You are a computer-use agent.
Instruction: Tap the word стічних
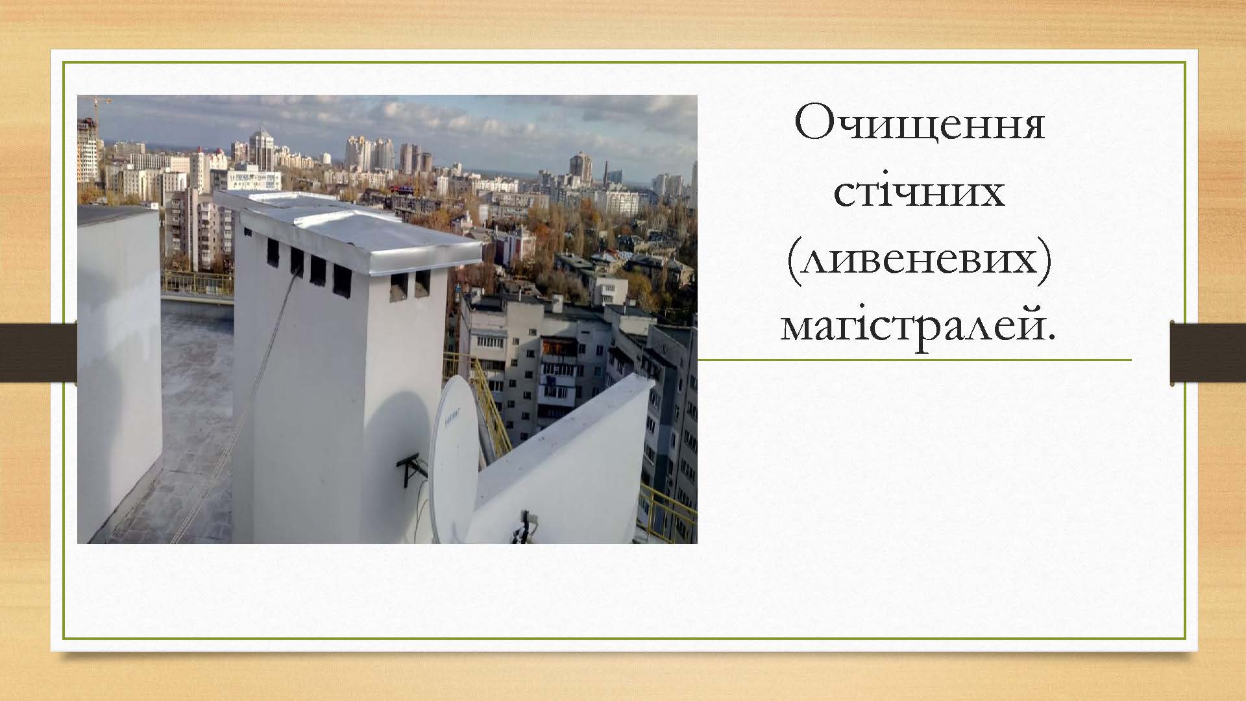[919, 192]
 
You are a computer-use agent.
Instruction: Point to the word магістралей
[919, 326]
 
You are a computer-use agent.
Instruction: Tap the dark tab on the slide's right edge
[1208, 353]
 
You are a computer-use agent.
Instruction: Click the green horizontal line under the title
[914, 360]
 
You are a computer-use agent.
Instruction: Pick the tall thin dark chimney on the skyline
[605, 173]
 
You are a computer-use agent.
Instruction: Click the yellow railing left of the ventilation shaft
[197, 283]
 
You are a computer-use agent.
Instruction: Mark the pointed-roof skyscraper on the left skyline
[262, 148]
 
